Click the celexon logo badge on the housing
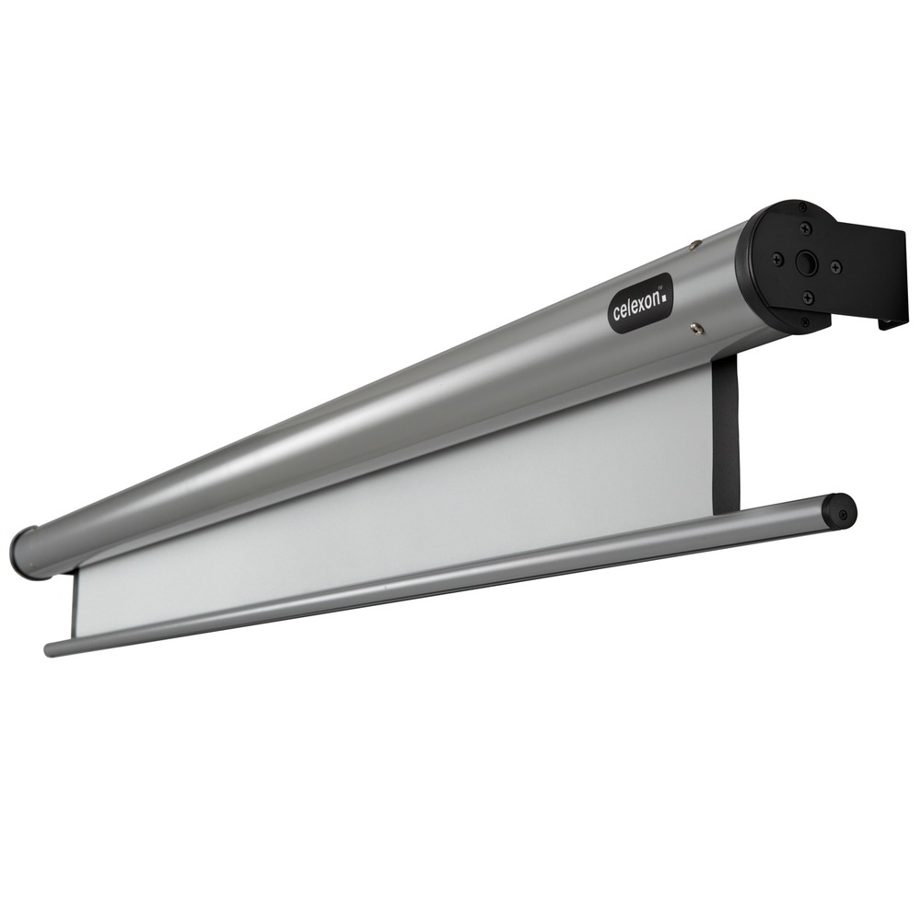tap(640, 304)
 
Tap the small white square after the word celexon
tap(664, 297)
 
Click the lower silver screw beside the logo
tap(696, 327)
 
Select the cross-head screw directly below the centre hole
tap(809, 297)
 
